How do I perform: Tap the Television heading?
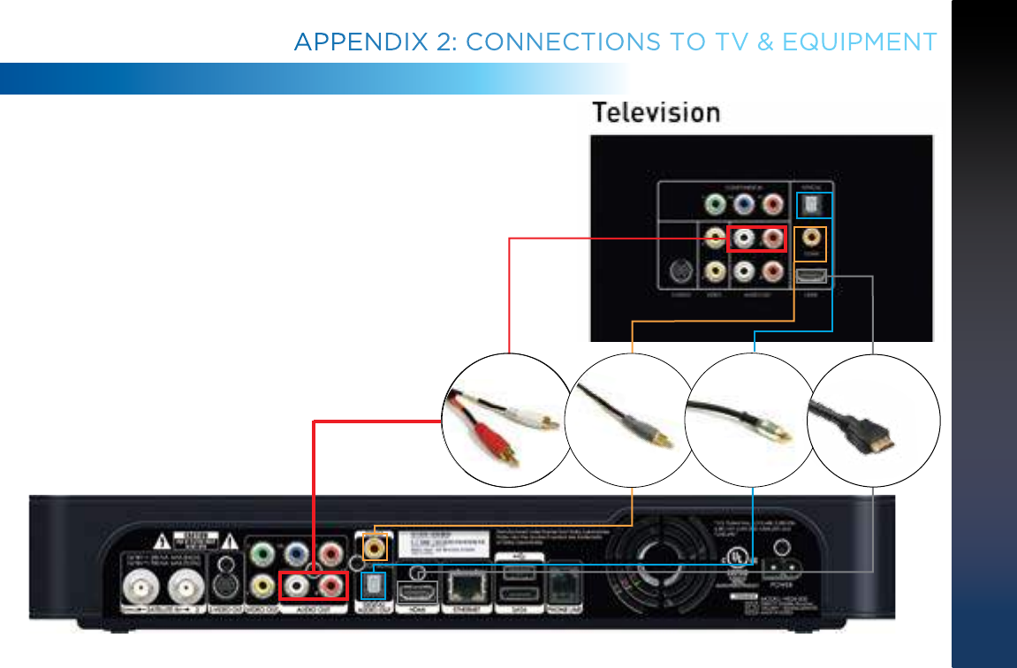point(656,113)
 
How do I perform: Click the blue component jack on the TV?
point(745,205)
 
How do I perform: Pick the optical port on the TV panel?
point(810,206)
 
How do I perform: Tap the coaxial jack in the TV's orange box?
point(810,239)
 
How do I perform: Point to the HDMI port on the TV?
point(810,276)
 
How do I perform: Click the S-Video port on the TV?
point(681,271)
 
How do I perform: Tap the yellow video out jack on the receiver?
point(262,584)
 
